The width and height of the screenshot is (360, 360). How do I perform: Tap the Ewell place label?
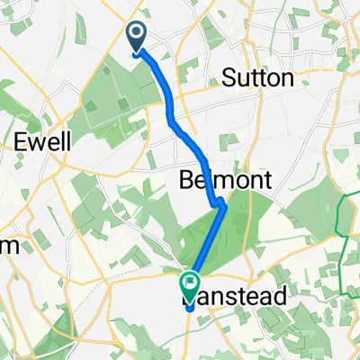point(38,141)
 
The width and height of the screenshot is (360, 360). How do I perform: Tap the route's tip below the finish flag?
point(191,309)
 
